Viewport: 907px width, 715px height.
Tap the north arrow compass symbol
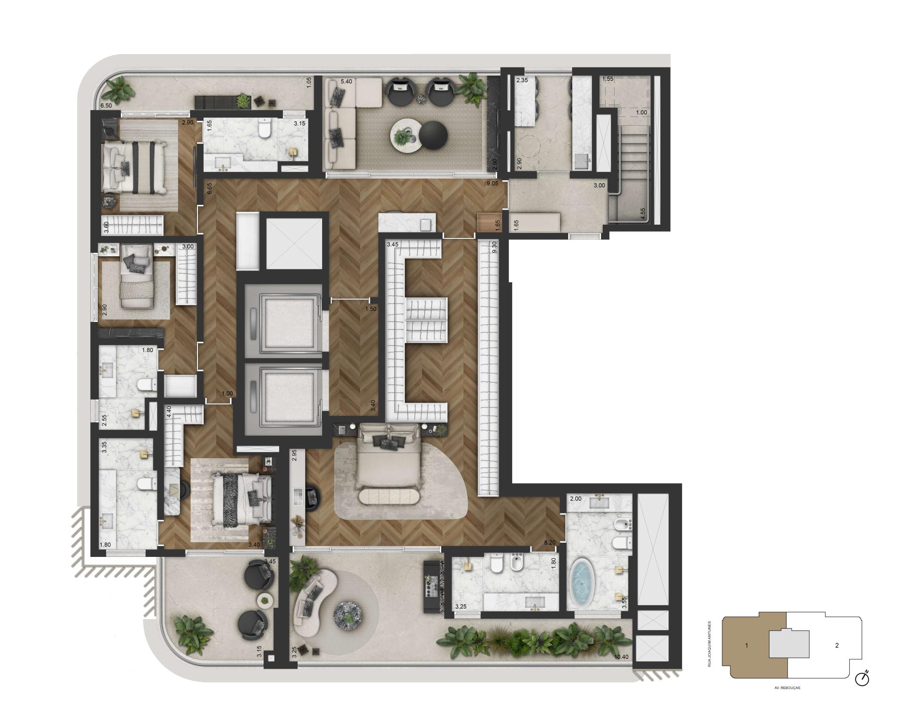click(862, 678)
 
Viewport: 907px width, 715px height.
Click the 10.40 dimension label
click(622, 656)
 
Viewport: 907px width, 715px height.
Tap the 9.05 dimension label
click(492, 184)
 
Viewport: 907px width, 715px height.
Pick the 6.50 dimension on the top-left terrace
click(106, 106)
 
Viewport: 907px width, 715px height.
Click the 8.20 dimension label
click(549, 543)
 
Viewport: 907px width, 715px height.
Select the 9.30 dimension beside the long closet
click(495, 248)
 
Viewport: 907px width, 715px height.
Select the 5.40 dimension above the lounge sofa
click(346, 81)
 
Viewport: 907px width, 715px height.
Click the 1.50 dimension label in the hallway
click(370, 309)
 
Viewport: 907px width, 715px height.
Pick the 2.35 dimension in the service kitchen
click(522, 81)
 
